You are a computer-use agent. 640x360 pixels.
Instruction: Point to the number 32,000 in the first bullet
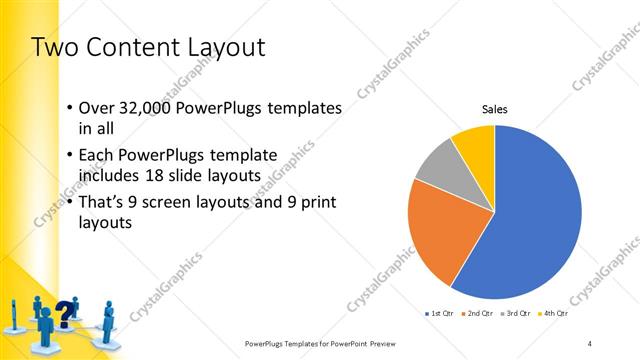[x=142, y=108]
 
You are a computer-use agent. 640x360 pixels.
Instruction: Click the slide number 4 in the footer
[x=590, y=343]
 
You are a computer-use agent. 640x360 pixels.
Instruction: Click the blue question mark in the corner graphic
[x=67, y=312]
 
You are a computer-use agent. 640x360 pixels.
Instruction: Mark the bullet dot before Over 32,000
[x=68, y=108]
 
